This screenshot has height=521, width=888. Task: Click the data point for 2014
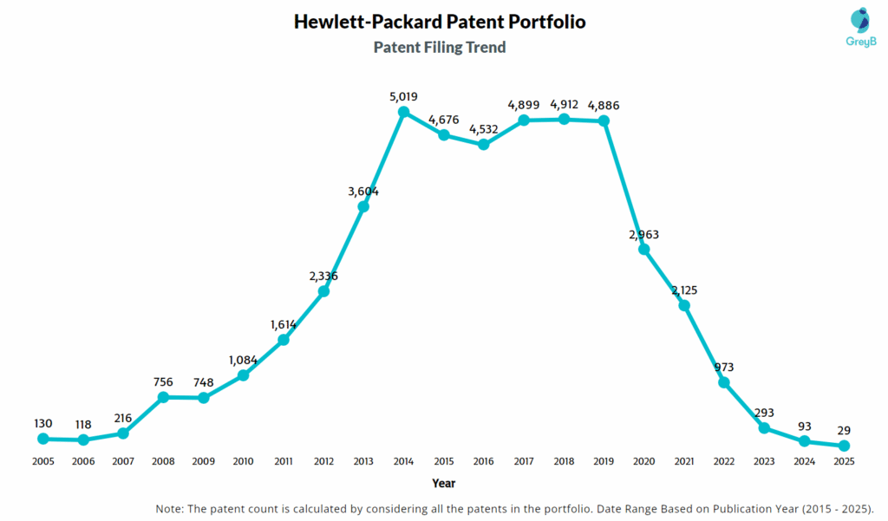[x=403, y=112]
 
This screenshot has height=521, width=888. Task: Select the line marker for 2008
[x=163, y=397]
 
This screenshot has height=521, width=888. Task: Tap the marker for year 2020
[x=644, y=249]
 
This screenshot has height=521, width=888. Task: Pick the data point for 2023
[x=764, y=428]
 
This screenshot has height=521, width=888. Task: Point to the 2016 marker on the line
[x=484, y=145]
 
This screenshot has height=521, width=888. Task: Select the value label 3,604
[x=363, y=192]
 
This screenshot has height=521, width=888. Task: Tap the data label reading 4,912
[x=564, y=105]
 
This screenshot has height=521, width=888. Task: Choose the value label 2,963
[x=644, y=234]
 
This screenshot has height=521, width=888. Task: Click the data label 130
[x=43, y=423]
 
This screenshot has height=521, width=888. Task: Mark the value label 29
[x=844, y=430]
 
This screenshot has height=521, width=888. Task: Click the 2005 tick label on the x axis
[x=43, y=462]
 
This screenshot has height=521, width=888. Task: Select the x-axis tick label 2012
[x=323, y=462]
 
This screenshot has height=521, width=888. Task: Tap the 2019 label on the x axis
[x=604, y=462]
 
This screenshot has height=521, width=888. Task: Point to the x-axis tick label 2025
[x=844, y=462]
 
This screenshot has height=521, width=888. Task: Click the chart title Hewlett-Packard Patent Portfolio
[x=440, y=22]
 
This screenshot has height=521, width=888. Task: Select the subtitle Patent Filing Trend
[x=440, y=48]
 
